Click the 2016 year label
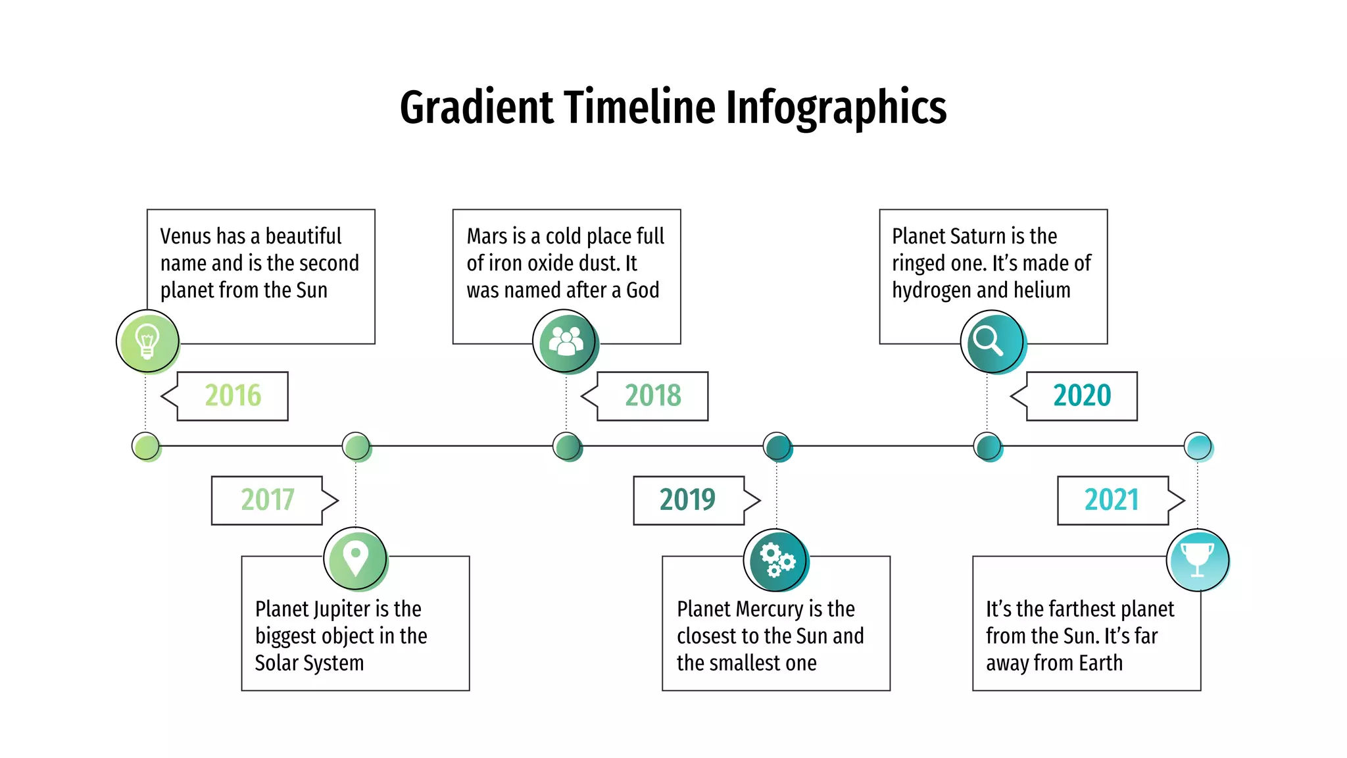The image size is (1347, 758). tap(233, 395)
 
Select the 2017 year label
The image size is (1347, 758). tap(267, 500)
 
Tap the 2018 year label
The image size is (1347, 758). tap(652, 395)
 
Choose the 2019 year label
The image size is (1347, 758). tap(687, 500)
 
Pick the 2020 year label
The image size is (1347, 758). tap(1082, 395)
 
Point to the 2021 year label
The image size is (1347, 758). tap(1112, 500)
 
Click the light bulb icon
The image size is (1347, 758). tap(147, 341)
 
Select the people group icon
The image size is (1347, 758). tap(565, 341)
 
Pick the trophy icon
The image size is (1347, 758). tap(1197, 559)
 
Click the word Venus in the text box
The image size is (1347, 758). tap(186, 236)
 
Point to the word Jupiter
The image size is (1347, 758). tap(336, 609)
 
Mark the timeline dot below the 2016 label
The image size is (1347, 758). tap(145, 446)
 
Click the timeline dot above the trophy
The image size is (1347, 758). tap(1197, 446)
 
